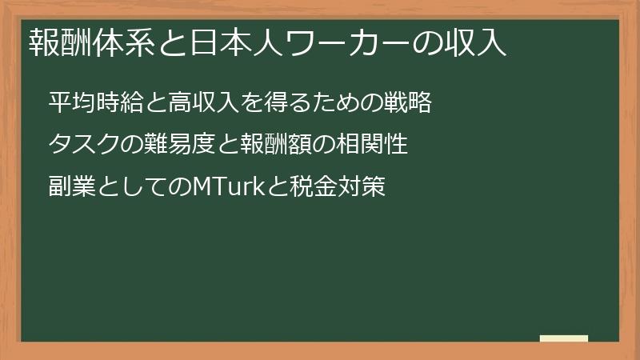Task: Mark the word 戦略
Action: [407, 102]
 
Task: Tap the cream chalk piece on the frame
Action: [563, 338]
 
